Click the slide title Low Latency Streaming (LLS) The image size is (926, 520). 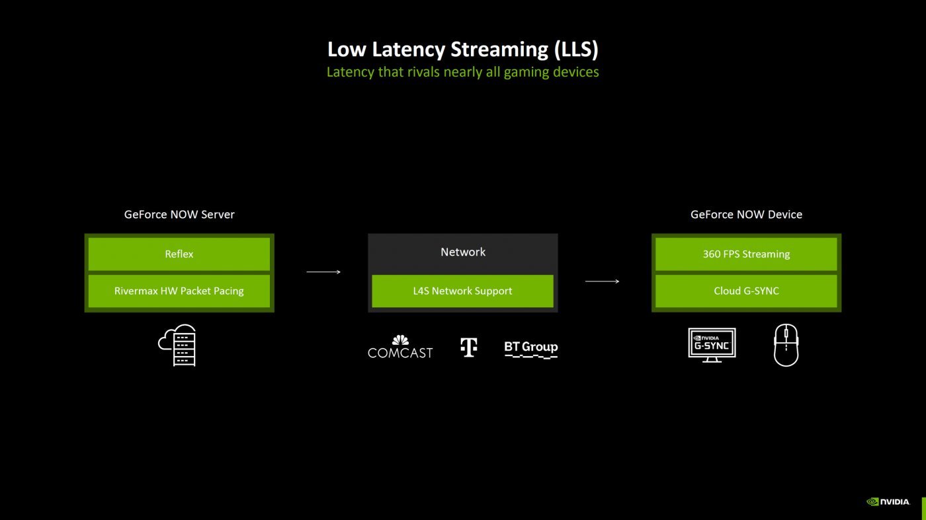click(463, 50)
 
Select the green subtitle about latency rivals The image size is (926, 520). click(463, 72)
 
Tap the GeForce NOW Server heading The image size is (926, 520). click(179, 215)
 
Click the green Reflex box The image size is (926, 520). click(179, 254)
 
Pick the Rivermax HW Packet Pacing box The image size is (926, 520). click(179, 291)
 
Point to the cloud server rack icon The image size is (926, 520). click(178, 345)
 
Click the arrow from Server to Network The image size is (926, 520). click(323, 272)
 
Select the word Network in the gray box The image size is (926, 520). click(463, 252)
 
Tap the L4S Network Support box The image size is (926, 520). click(463, 291)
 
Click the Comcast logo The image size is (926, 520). click(400, 348)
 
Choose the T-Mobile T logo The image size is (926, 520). click(469, 348)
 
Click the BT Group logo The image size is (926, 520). click(531, 348)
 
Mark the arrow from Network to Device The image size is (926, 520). click(603, 281)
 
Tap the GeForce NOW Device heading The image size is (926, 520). click(746, 215)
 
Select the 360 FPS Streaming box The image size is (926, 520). click(746, 254)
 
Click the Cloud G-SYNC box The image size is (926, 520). click(746, 291)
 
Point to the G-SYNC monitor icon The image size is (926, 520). click(712, 344)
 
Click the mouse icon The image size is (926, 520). click(786, 345)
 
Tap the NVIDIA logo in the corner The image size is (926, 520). click(888, 502)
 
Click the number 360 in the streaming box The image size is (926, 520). click(712, 254)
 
